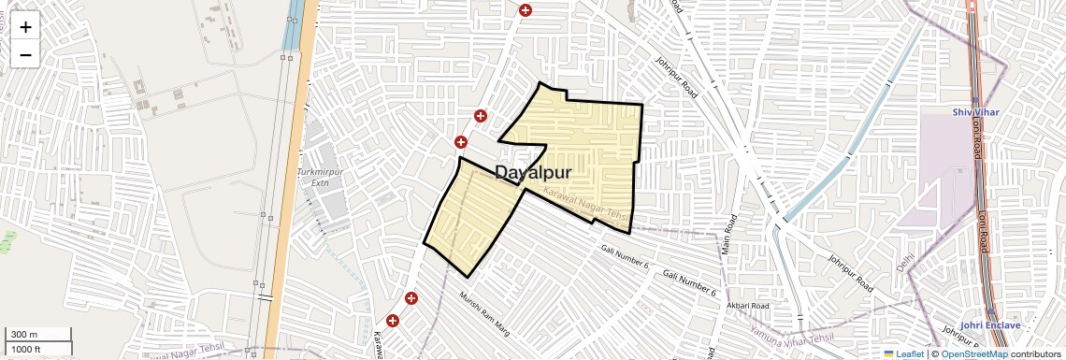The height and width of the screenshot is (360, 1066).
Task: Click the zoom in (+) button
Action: click(25, 27)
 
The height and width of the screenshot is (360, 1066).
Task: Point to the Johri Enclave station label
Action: click(989, 324)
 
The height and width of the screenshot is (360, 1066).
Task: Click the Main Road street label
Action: click(727, 234)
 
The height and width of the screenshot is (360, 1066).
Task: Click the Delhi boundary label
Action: click(904, 260)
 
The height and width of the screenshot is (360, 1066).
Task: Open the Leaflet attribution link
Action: click(910, 354)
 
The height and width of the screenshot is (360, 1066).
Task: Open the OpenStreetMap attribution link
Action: click(973, 354)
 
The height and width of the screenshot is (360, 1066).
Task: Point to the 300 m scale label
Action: click(25, 335)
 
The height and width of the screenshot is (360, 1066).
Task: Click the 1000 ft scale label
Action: click(26, 349)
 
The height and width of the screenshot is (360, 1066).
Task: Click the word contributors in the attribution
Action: click(1035, 354)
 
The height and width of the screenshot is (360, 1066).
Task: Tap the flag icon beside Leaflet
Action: click(889, 354)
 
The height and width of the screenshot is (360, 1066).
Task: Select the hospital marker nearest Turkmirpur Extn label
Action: click(460, 142)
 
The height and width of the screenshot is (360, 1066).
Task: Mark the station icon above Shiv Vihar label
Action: click(975, 101)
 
